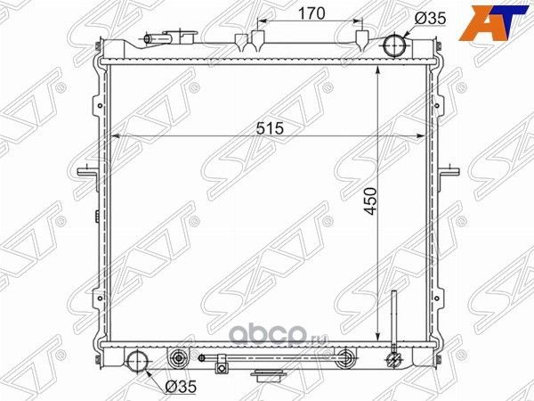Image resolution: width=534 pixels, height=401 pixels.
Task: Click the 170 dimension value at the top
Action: click(x=311, y=13)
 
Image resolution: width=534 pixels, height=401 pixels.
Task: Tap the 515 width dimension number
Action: click(x=270, y=128)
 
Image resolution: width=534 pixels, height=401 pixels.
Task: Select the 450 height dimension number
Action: click(x=370, y=201)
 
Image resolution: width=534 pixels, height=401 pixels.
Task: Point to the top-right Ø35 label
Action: click(x=430, y=19)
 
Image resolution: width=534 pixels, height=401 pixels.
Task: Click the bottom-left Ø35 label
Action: click(x=181, y=387)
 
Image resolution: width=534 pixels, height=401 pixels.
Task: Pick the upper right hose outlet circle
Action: click(x=394, y=45)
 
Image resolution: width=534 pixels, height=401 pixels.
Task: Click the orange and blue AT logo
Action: click(x=494, y=23)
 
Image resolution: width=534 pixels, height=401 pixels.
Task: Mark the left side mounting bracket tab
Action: click(x=88, y=171)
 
